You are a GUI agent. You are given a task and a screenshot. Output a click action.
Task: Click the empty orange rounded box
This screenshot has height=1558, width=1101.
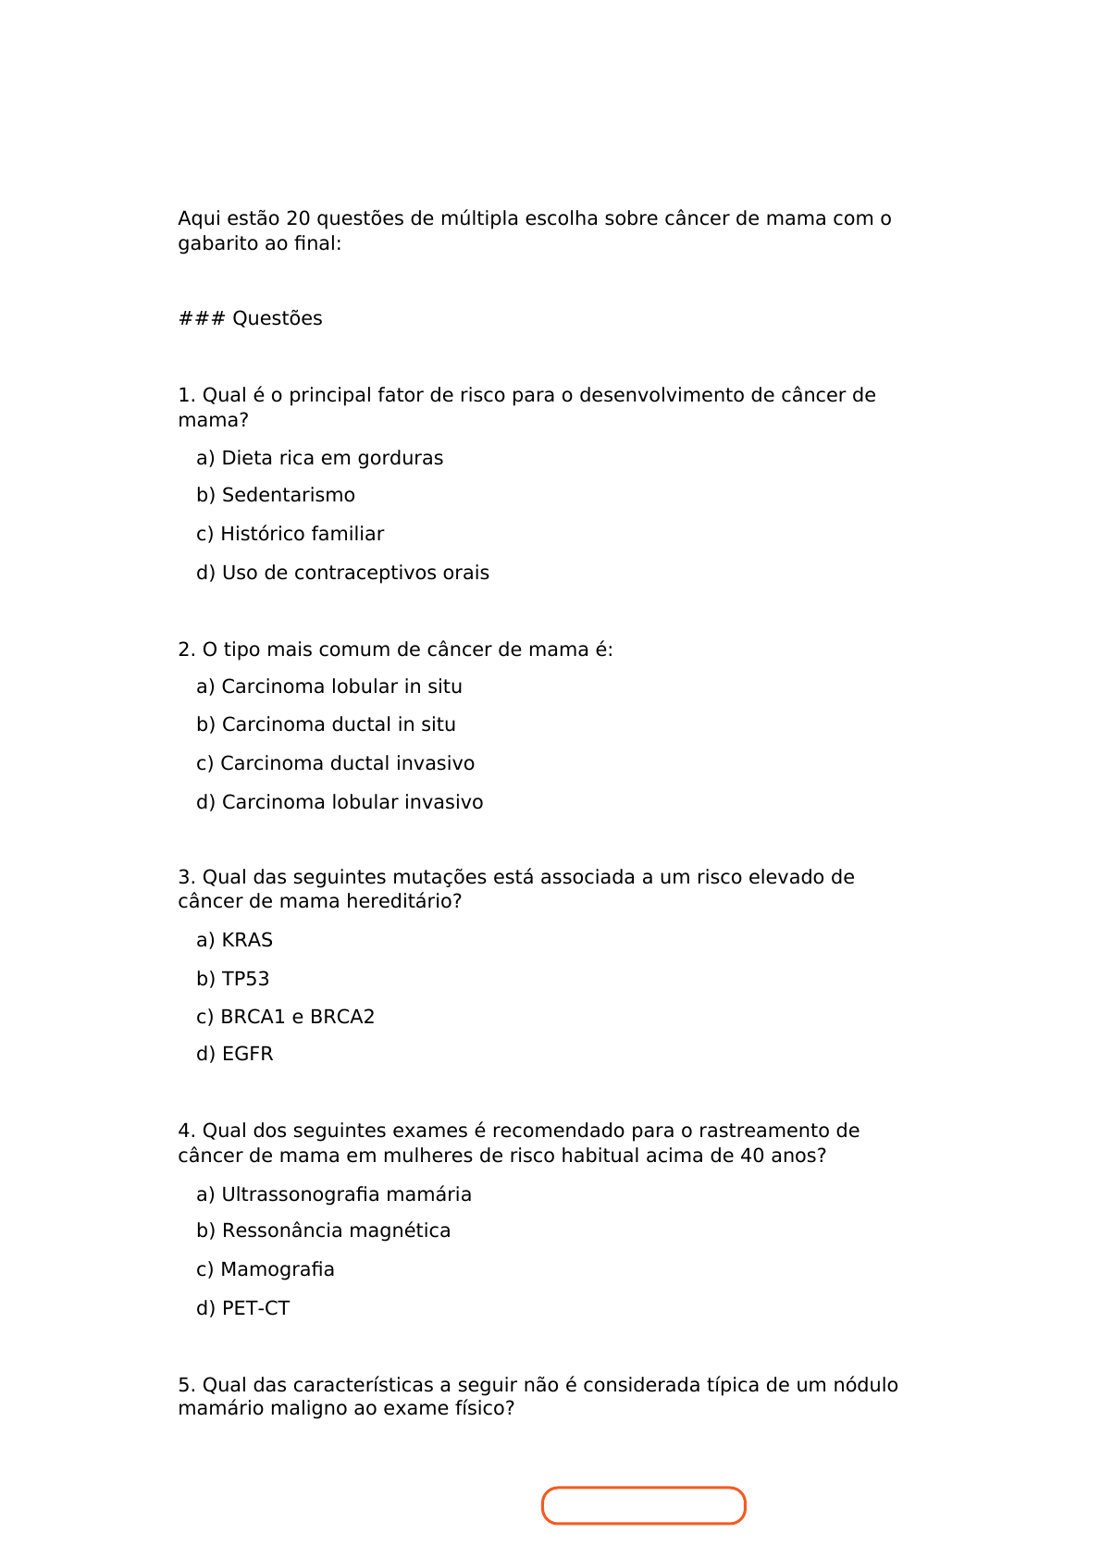pos(643,1505)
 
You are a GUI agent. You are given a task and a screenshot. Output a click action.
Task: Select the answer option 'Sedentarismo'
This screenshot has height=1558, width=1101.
pos(276,496)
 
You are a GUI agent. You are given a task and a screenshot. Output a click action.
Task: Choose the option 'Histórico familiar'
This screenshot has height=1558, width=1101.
pos(290,534)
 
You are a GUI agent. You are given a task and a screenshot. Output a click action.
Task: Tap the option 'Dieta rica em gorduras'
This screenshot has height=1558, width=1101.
pos(319,458)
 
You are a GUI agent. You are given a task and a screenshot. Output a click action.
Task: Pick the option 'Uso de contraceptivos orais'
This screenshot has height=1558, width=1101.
pos(342,573)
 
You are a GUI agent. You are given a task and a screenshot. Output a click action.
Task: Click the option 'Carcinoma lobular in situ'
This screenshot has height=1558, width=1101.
pos(328,686)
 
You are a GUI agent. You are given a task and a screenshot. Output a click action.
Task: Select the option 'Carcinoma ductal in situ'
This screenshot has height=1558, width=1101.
pos(326,724)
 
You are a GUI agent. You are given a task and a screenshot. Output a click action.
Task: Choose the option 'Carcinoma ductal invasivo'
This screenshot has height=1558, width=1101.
pos(335,763)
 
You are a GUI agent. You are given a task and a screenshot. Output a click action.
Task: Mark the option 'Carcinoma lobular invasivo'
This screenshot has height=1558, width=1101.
pos(340,802)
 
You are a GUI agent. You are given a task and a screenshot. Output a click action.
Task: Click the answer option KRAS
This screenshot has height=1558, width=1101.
pos(234,940)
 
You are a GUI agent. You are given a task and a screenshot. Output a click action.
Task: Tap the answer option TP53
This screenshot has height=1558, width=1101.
pos(233,979)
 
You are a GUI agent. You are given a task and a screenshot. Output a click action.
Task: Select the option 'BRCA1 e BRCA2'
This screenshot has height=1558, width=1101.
pos(285,1017)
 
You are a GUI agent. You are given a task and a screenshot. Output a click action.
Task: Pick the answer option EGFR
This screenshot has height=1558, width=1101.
pos(235,1054)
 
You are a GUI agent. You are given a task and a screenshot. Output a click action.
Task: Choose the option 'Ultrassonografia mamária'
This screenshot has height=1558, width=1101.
pos(333,1194)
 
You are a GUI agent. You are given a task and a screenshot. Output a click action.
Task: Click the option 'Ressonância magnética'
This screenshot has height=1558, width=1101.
pos(323,1230)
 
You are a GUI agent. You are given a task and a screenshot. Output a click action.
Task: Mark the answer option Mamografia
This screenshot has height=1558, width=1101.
pos(266,1269)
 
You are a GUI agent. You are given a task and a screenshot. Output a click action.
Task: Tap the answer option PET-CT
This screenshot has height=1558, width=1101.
pos(242,1308)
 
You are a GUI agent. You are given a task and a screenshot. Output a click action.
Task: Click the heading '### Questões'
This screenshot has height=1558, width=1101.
pos(250,318)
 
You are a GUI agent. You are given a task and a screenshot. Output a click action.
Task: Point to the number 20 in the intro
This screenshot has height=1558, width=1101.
pos(298,218)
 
